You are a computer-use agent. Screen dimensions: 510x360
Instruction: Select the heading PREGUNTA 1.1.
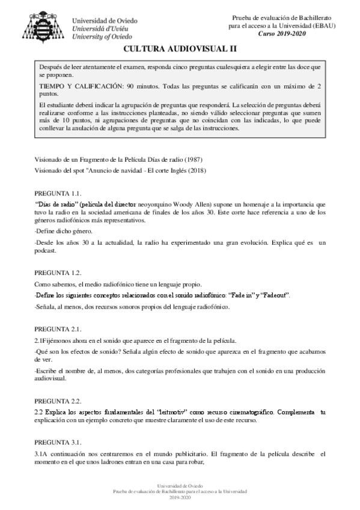click(58, 194)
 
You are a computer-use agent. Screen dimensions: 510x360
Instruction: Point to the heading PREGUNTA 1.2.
click(58, 272)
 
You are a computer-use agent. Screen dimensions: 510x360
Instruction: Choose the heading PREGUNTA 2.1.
click(58, 329)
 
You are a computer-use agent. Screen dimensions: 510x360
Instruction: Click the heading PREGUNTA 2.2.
click(58, 400)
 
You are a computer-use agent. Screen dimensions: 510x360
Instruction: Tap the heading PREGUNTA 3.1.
click(58, 441)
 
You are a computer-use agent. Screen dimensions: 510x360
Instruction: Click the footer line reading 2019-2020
click(180, 499)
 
